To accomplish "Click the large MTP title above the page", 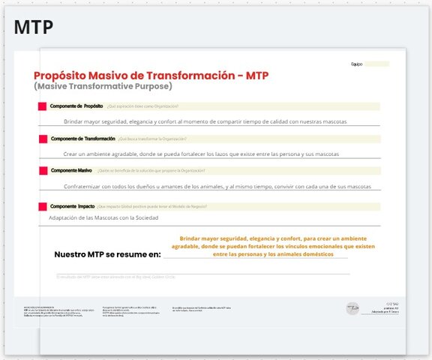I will pos(33,28).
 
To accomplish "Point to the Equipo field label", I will pos(357,64).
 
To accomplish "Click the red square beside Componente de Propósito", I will pos(42,106).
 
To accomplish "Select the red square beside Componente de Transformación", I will pos(42,139).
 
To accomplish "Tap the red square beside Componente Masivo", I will pos(42,171).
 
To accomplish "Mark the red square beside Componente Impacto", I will pos(42,206).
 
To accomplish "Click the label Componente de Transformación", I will pos(82,139).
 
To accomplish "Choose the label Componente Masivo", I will pos(71,171).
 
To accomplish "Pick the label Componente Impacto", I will pos(72,206).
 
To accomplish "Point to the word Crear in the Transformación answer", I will pos(71,154).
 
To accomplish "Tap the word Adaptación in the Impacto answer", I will pos(63,218).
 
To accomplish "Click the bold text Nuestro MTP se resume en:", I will pos(107,255).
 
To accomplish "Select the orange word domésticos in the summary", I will pos(323,254).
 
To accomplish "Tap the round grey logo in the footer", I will pos(351,308).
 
